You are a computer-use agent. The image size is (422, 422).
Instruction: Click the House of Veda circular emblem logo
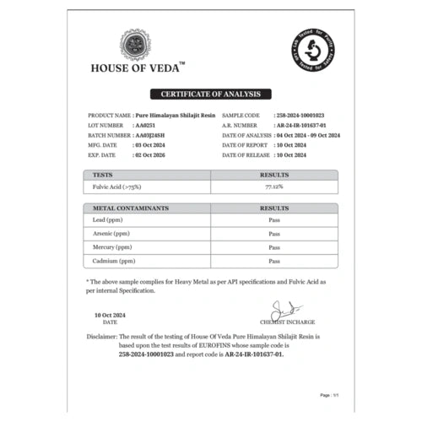click(x=135, y=45)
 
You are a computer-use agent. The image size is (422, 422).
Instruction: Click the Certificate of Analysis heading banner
click(x=211, y=94)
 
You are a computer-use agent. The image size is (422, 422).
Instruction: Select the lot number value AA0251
click(x=146, y=123)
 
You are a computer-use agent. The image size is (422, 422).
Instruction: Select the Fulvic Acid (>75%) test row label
click(x=118, y=186)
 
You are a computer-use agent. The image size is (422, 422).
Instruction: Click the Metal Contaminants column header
click(x=132, y=208)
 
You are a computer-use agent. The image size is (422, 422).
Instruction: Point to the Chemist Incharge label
click(x=288, y=322)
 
